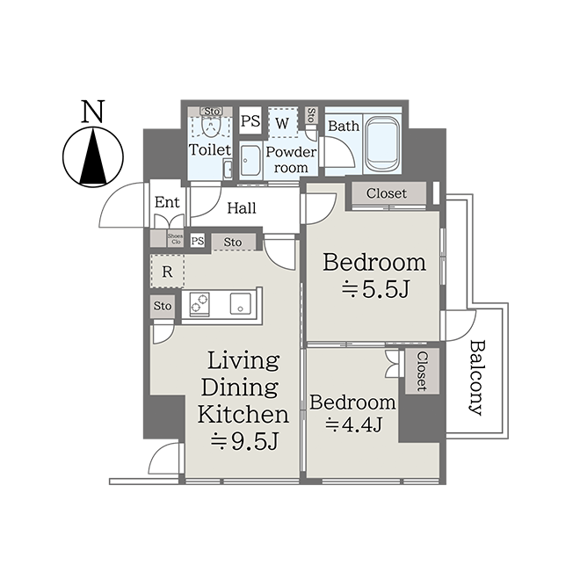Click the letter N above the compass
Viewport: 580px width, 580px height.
[x=93, y=112]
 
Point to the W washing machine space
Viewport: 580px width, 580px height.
[x=283, y=123]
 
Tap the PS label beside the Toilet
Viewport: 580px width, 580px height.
[x=250, y=120]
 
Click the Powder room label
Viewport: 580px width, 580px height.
[x=291, y=159]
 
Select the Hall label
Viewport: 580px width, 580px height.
[x=242, y=208]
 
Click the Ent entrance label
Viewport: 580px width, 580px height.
[x=167, y=202]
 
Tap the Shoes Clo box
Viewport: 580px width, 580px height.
[x=175, y=238]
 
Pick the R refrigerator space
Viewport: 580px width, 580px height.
[x=167, y=272]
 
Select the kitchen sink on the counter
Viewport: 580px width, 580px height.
[x=241, y=304]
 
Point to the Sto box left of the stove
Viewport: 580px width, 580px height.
[x=163, y=307]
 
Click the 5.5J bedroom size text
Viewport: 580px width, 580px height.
[x=375, y=289]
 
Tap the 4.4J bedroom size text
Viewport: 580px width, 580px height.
[x=353, y=424]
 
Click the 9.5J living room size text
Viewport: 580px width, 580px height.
[x=244, y=441]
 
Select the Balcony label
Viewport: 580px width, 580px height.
[x=476, y=378]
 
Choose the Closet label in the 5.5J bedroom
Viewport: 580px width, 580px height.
[x=387, y=193]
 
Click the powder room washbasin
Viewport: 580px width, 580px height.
[x=250, y=160]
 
